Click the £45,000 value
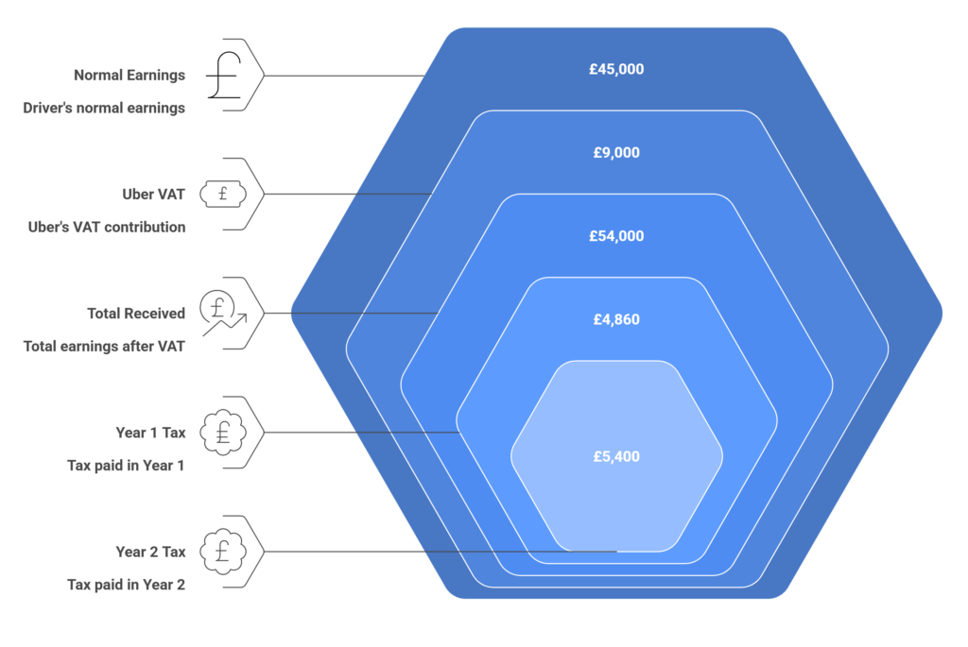pyautogui.click(x=616, y=69)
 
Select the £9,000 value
pyautogui.click(x=616, y=152)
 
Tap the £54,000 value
pyautogui.click(x=616, y=236)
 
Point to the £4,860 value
pyautogui.click(x=616, y=319)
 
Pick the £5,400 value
pyautogui.click(x=616, y=456)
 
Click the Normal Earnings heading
pyautogui.click(x=130, y=75)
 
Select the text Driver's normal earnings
pyautogui.click(x=104, y=108)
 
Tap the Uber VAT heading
pyautogui.click(x=153, y=195)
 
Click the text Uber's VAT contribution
pyautogui.click(x=107, y=228)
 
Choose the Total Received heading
pyautogui.click(x=135, y=313)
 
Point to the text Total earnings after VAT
pyautogui.click(x=104, y=346)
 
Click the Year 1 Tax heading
pyautogui.click(x=150, y=433)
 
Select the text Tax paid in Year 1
pyautogui.click(x=126, y=466)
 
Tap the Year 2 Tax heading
pyautogui.click(x=150, y=552)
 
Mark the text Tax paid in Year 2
pyautogui.click(x=126, y=585)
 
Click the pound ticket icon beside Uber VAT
pyautogui.click(x=223, y=195)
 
